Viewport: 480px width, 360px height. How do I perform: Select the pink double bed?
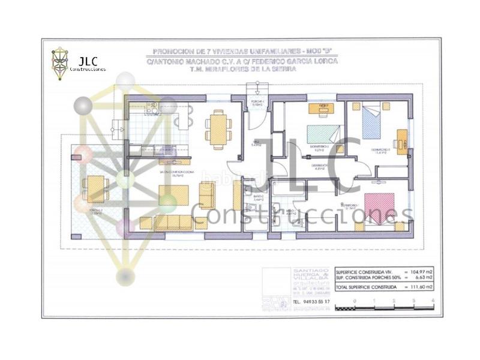pos(379,208)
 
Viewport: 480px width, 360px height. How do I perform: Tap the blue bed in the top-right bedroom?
pos(371,122)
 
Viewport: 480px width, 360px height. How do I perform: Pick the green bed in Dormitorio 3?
pos(323,133)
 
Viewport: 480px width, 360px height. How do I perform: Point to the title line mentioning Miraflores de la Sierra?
pos(242,69)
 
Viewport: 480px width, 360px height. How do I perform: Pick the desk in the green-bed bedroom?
pos(322,109)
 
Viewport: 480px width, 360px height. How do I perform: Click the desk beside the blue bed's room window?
pos(401,142)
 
